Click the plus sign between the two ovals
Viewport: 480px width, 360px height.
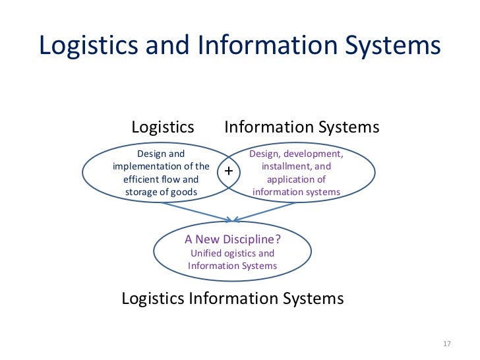229,171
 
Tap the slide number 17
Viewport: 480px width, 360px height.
446,344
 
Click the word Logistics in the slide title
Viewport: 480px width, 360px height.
82,45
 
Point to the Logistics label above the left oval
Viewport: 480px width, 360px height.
163,127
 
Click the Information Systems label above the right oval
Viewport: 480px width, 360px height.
302,127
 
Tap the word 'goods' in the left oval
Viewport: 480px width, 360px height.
184,192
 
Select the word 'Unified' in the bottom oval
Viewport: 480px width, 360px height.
205,253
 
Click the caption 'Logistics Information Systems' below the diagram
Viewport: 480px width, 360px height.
233,299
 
